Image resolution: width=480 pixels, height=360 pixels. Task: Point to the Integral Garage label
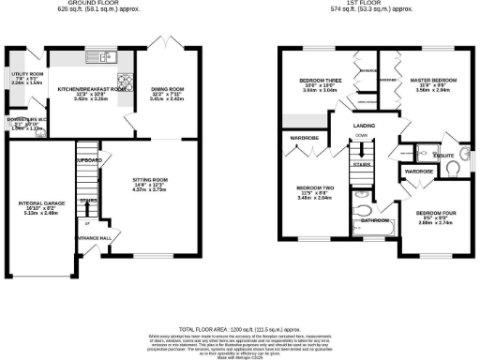tap(38, 202)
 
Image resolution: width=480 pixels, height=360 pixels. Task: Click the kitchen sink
tap(101, 58)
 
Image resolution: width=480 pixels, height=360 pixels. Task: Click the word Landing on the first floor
tap(365, 124)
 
